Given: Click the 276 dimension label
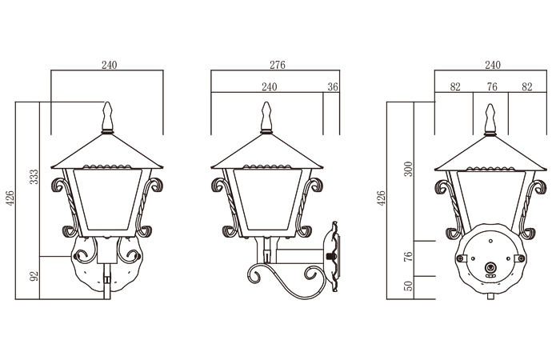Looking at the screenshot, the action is coord(278,65).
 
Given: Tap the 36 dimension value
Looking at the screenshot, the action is coord(333,86).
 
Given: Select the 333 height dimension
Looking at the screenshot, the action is coord(34,177).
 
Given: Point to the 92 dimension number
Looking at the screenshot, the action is coord(34,276).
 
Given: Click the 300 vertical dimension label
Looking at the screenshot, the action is coord(408,169).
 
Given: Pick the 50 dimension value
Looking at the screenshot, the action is coord(408,286).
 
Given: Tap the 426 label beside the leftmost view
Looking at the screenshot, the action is coord(10,198).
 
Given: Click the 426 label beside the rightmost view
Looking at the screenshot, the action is coord(381,198).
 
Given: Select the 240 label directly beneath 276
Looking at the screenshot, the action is coord(270,86).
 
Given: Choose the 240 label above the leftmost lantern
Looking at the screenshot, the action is coord(109,65).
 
